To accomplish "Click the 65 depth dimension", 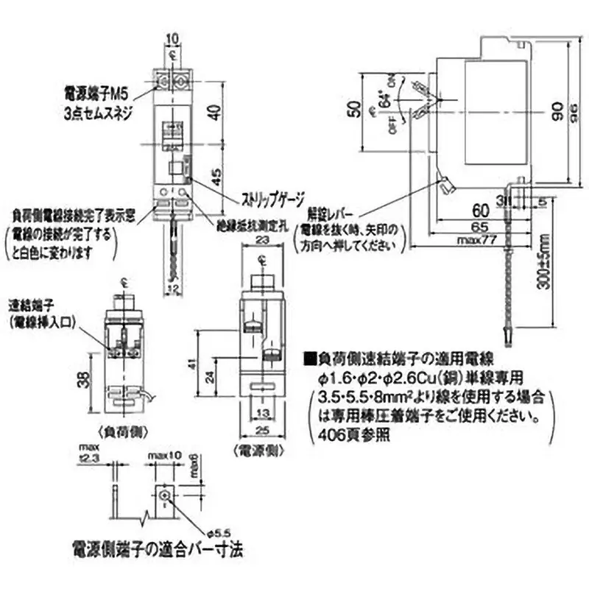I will point(479,228).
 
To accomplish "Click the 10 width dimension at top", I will point(172,38).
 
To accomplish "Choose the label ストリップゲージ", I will point(263,197).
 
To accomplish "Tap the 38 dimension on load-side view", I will point(91,381).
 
